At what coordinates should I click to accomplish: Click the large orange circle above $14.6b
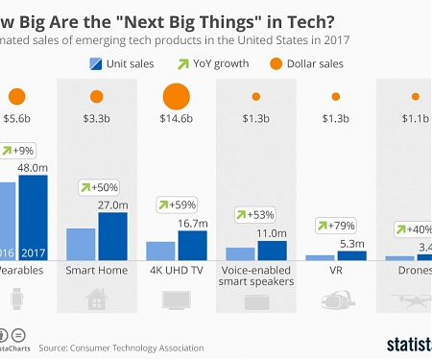tap(176, 97)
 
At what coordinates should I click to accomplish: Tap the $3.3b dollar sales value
tap(95, 121)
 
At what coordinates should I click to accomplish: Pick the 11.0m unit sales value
tap(273, 233)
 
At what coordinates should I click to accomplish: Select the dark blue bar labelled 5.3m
tap(352, 255)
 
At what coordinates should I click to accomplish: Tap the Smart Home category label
tap(95, 273)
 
